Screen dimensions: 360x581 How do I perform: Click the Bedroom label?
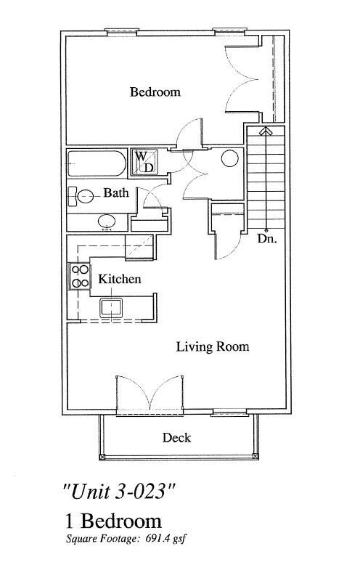tap(155, 92)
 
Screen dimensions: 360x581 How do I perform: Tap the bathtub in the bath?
tap(97, 163)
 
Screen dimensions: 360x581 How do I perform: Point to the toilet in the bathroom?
tap(81, 196)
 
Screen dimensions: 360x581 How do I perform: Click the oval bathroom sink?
tap(107, 222)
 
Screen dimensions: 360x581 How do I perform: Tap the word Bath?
tap(116, 192)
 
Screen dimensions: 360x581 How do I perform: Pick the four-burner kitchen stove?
tap(79, 277)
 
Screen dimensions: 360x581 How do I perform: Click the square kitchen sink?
tap(111, 307)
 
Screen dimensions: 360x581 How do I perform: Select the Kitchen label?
tap(119, 279)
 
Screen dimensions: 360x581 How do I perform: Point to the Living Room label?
tap(212, 347)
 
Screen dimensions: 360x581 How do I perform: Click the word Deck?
tap(176, 438)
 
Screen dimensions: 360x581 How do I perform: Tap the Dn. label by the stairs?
tap(267, 239)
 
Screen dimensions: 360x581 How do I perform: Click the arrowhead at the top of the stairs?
tap(265, 131)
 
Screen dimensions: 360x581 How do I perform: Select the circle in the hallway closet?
tap(229, 158)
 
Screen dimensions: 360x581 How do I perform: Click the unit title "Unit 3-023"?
tap(118, 492)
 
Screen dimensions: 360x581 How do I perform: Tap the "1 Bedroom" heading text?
tap(113, 521)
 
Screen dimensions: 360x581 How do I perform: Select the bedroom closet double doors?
tap(242, 78)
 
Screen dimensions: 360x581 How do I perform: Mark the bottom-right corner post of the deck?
tap(255, 456)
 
